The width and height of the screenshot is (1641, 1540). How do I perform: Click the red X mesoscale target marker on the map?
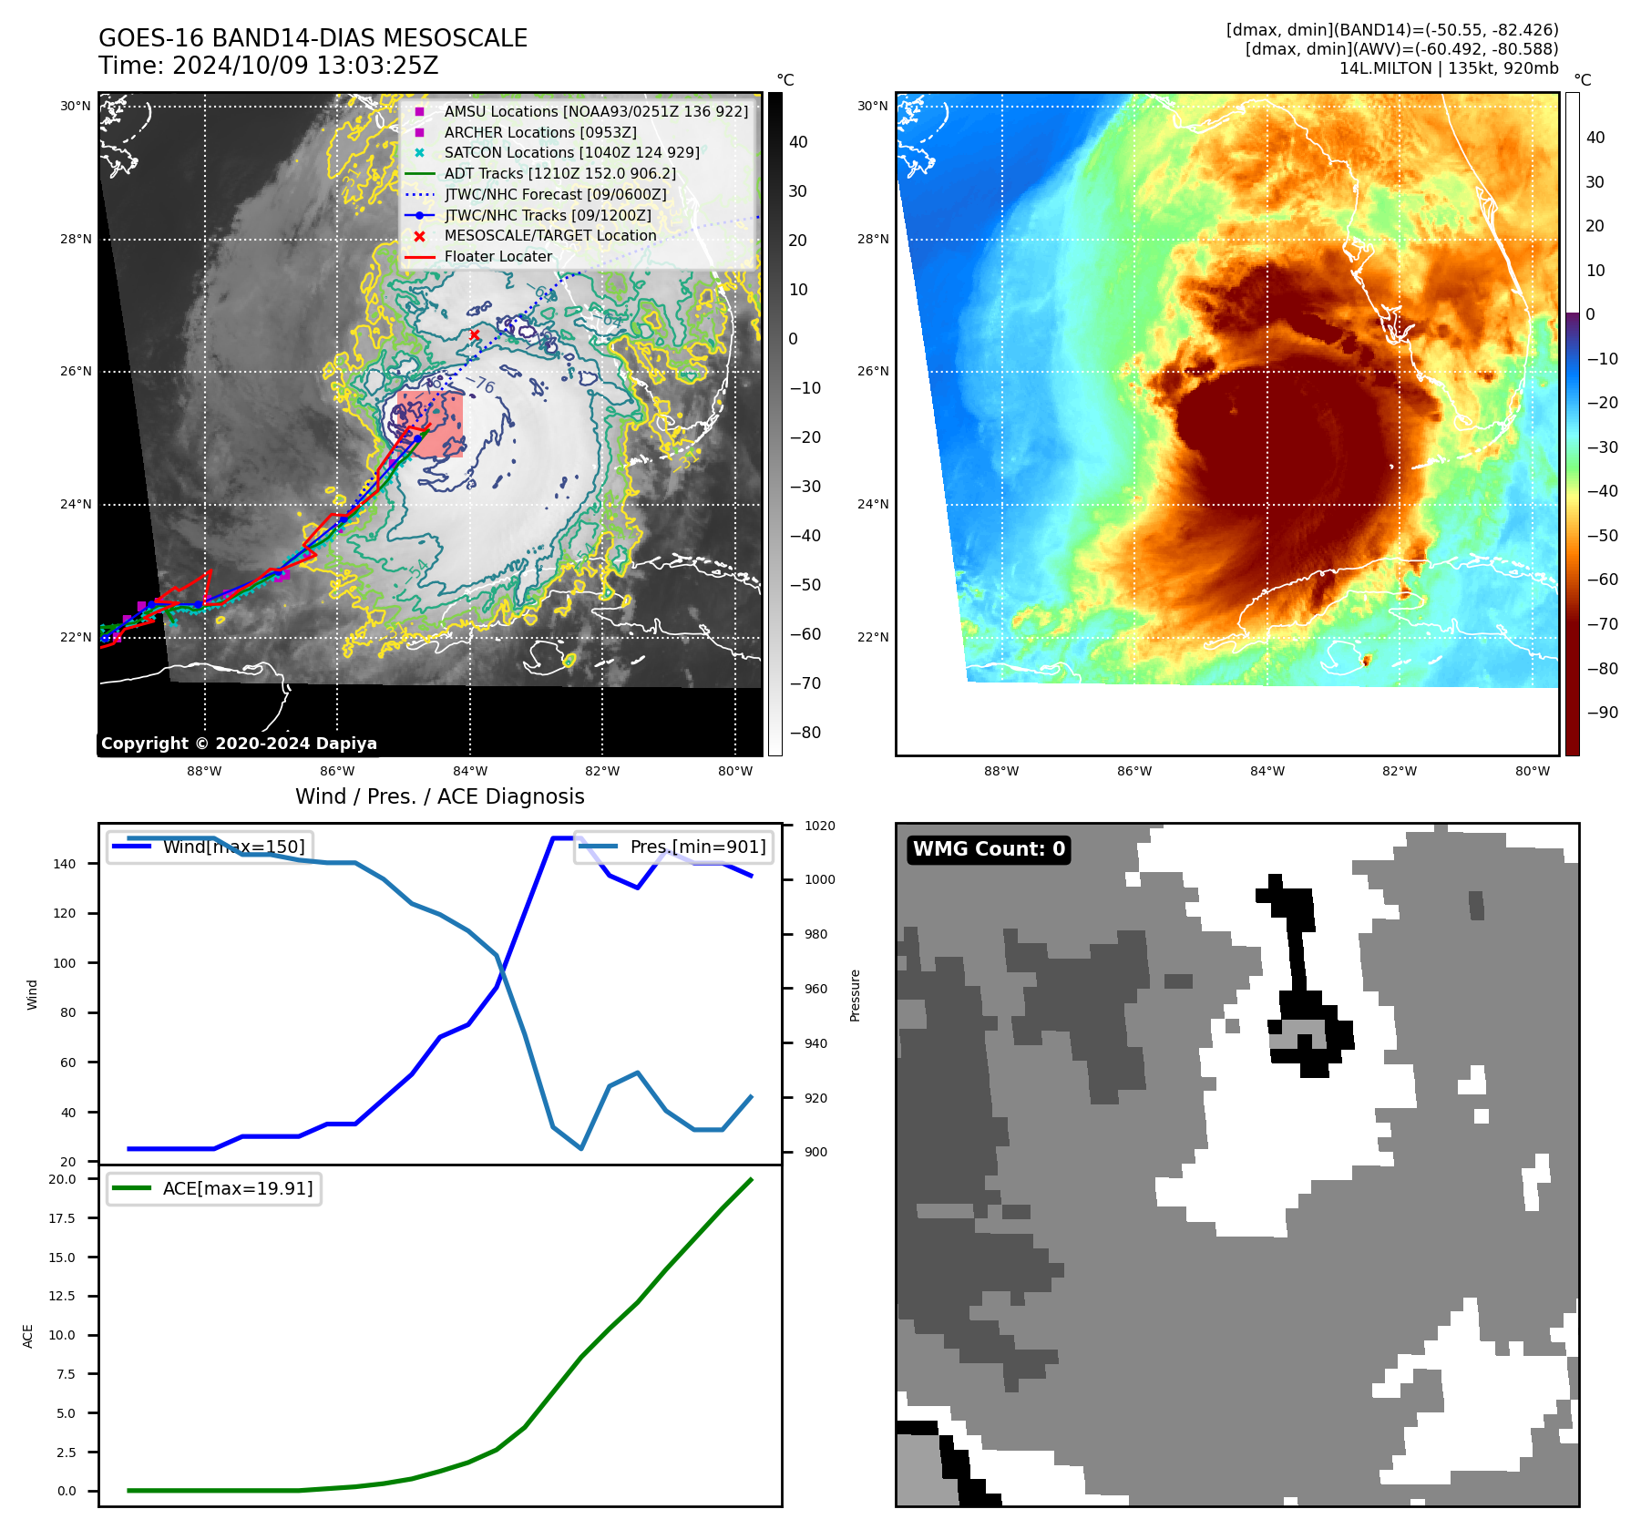pyautogui.click(x=475, y=335)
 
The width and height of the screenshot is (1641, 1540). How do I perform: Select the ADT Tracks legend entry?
pyautogui.click(x=559, y=173)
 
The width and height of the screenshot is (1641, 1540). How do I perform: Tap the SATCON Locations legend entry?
pyautogui.click(x=571, y=152)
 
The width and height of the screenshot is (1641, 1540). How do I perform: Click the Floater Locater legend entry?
pyautogui.click(x=497, y=256)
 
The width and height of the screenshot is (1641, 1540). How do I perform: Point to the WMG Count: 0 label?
pyautogui.click(x=989, y=849)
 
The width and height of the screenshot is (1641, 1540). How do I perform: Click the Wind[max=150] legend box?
pyautogui.click(x=210, y=847)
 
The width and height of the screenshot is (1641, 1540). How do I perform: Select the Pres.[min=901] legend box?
pyautogui.click(x=674, y=847)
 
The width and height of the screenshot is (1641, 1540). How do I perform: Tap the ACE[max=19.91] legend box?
pyautogui.click(x=214, y=1188)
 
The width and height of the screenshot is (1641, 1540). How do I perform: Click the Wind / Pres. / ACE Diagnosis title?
pyautogui.click(x=440, y=796)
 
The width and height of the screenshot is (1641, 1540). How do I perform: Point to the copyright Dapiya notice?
pyautogui.click(x=239, y=744)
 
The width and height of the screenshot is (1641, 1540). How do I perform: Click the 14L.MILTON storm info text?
pyautogui.click(x=1449, y=68)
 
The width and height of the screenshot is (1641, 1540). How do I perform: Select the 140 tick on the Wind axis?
pyautogui.click(x=65, y=864)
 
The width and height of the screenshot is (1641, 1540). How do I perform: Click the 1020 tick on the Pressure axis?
pyautogui.click(x=819, y=826)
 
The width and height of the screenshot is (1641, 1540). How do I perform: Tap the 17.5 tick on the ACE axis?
pyautogui.click(x=62, y=1218)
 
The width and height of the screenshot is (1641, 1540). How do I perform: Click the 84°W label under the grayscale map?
pyautogui.click(x=470, y=771)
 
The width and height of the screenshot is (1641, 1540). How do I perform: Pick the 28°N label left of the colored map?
pyautogui.click(x=872, y=240)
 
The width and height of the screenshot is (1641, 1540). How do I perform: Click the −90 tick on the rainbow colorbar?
pyautogui.click(x=1602, y=713)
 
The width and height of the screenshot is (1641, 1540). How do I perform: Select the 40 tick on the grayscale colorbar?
pyautogui.click(x=798, y=142)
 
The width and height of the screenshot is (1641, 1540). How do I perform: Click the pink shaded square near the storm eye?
pyautogui.click(x=431, y=423)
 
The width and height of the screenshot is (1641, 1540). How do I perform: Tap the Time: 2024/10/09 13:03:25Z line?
pyautogui.click(x=269, y=66)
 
